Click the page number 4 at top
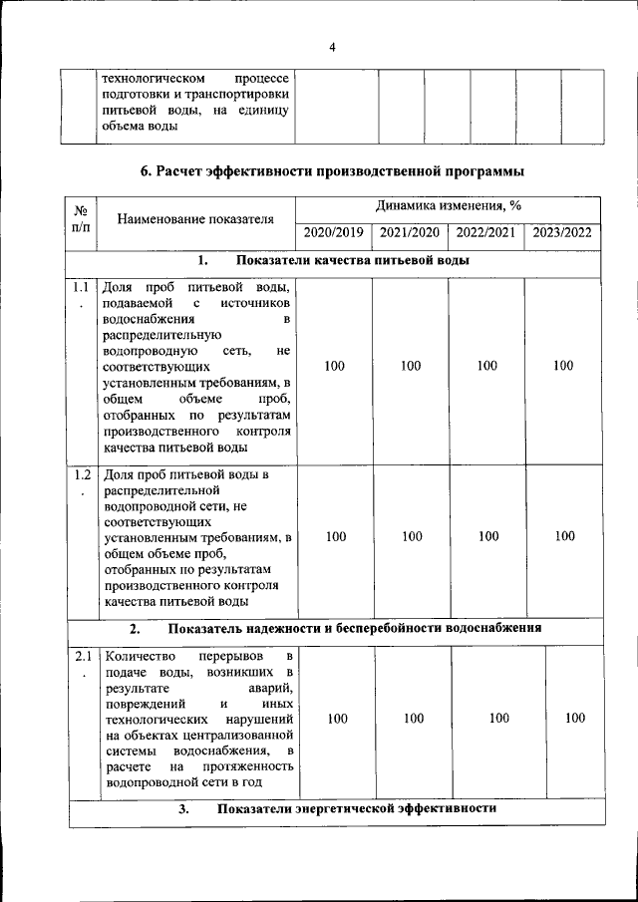click(333, 47)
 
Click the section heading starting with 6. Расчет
click(333, 171)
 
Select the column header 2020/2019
click(333, 233)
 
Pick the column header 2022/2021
click(485, 233)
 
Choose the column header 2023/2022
click(562, 233)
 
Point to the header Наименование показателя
click(194, 219)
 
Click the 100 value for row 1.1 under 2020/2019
click(335, 366)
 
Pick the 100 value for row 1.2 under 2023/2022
click(565, 537)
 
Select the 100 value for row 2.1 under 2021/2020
click(413, 718)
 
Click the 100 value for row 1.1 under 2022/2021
click(486, 366)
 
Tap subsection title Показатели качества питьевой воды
click(353, 261)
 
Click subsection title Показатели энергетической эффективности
click(357, 808)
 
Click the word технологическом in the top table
click(154, 78)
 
